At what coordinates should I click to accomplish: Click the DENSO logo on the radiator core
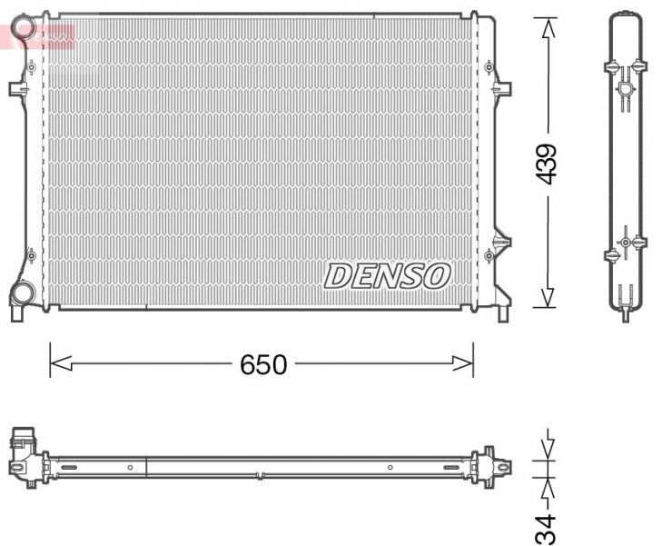[388, 275]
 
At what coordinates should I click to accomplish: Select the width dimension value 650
[263, 365]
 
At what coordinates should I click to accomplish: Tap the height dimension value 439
[547, 164]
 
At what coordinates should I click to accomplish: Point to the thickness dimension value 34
[545, 527]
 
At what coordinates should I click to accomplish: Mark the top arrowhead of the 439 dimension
[547, 27]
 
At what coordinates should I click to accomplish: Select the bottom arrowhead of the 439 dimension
[547, 297]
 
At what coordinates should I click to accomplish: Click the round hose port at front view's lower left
[23, 293]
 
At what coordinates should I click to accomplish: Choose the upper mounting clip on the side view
[626, 69]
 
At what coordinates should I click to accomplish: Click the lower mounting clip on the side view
[626, 243]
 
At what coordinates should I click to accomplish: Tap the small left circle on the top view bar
[130, 468]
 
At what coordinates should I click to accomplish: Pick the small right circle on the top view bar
[390, 468]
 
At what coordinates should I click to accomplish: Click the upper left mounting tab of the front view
[18, 89]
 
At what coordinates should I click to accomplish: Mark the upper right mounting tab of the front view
[502, 88]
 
